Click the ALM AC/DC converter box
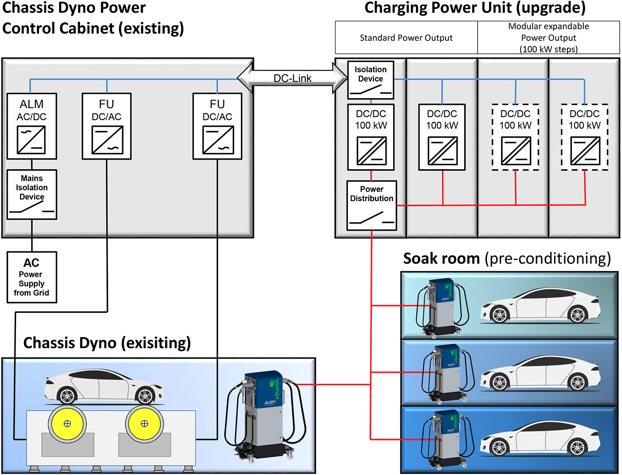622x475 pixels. click(32, 126)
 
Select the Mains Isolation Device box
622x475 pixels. click(32, 195)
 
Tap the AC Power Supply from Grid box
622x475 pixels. click(32, 277)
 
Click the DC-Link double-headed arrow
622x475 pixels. click(292, 78)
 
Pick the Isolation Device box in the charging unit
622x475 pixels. click(371, 80)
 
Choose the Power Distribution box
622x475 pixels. click(371, 205)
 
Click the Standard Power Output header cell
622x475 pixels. click(406, 38)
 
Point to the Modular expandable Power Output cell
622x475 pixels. click(548, 38)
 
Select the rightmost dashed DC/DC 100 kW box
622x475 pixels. click(584, 137)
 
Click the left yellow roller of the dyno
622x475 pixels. click(67, 423)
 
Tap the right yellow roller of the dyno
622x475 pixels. click(144, 423)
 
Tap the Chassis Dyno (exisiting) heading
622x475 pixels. click(107, 343)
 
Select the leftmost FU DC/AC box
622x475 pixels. click(107, 126)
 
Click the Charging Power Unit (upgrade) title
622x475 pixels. click(475, 8)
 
